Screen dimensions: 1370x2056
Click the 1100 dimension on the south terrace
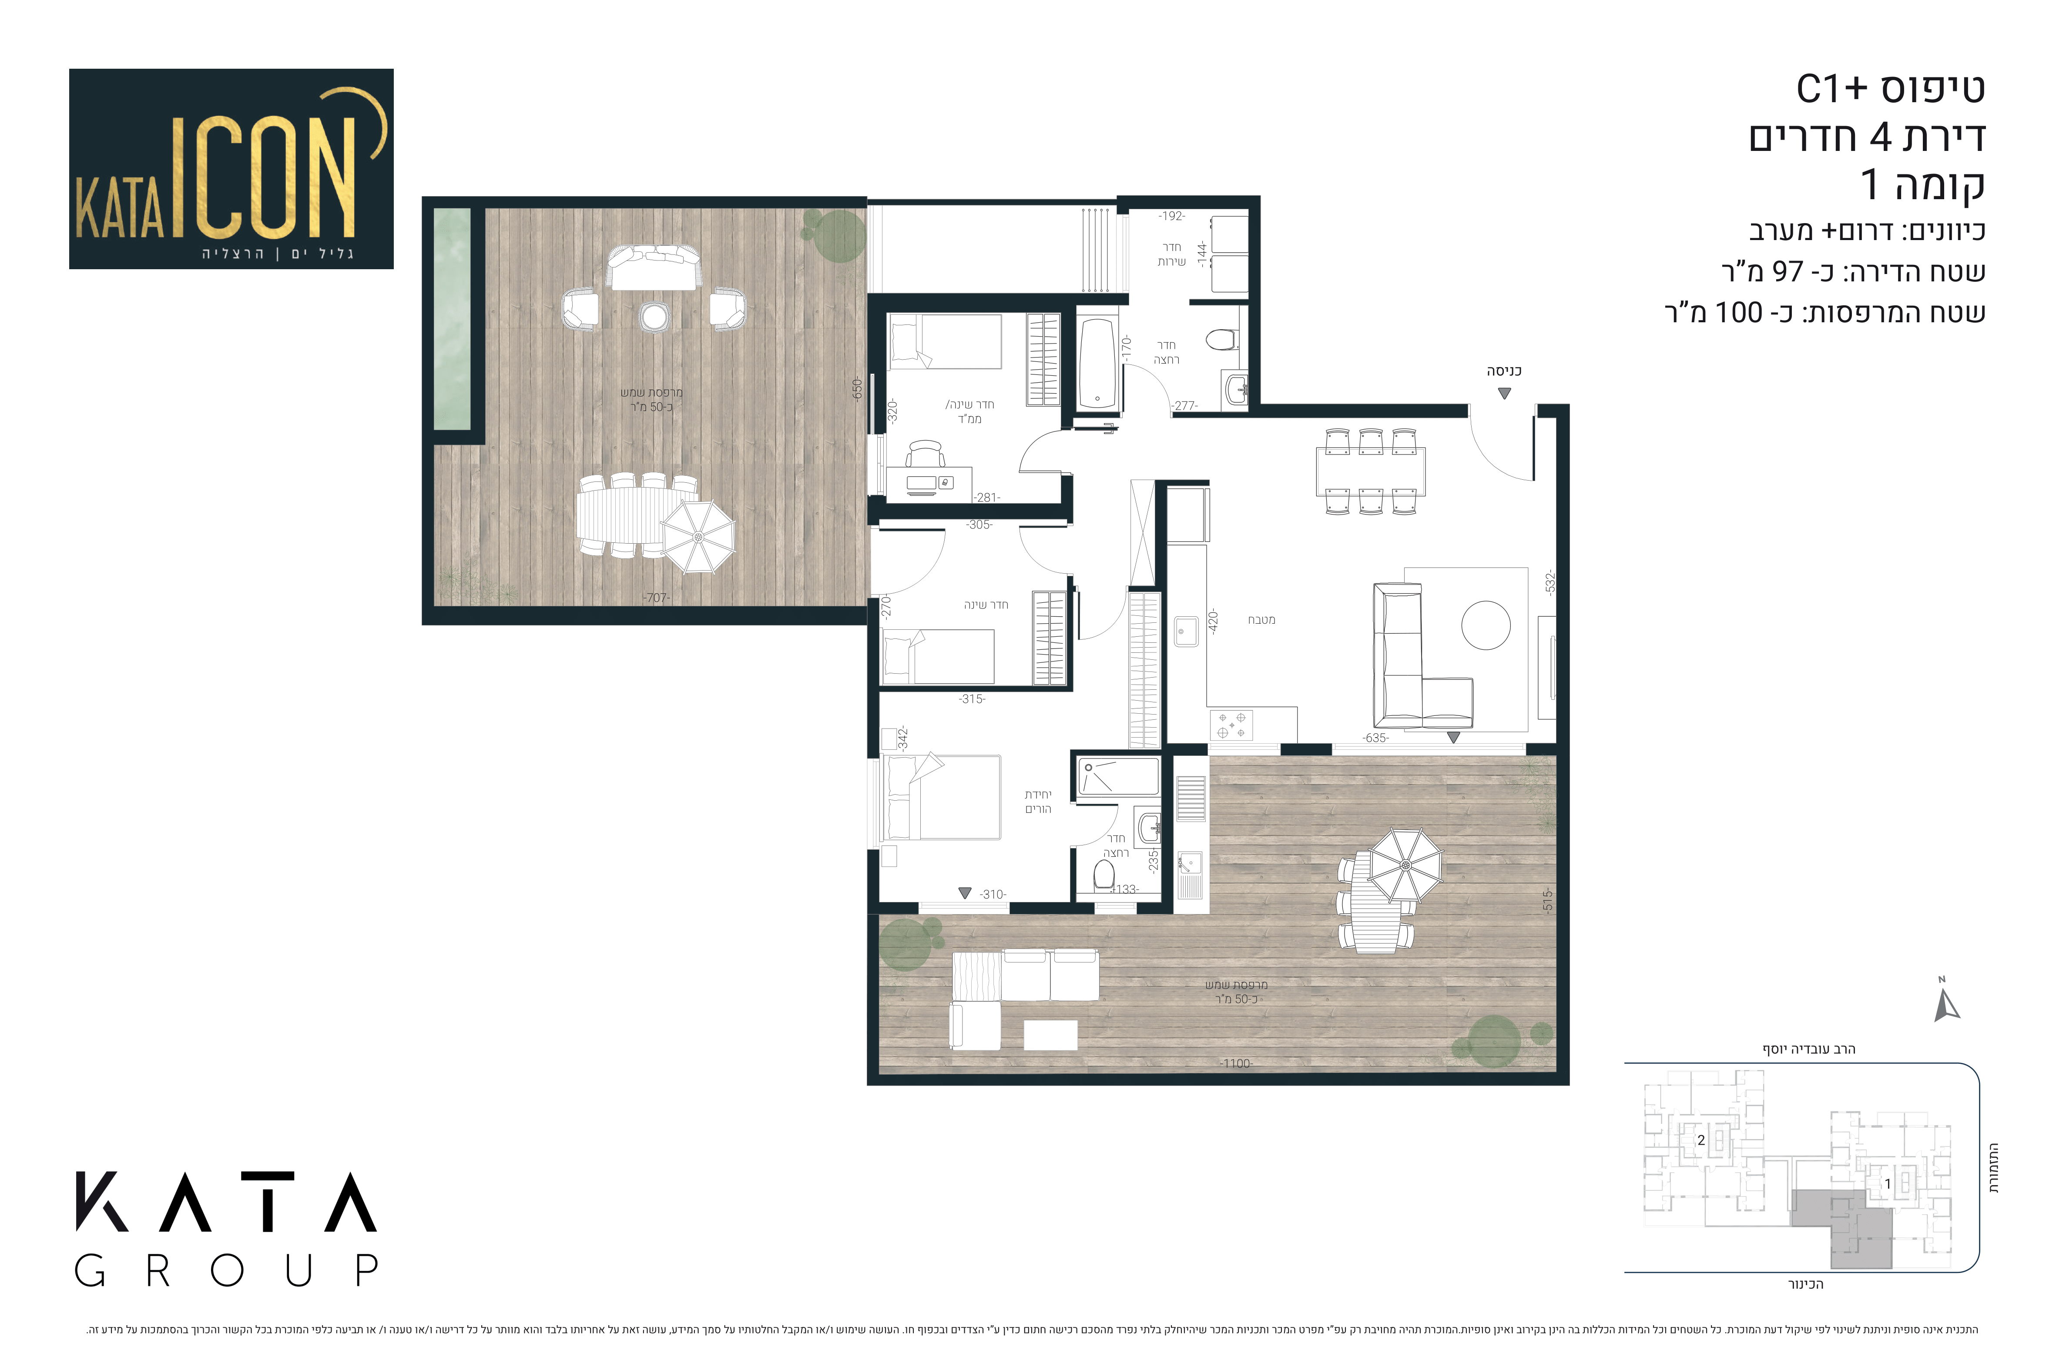(x=1236, y=1063)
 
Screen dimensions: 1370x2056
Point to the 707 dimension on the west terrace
(x=656, y=598)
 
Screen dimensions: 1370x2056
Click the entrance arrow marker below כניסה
(x=1503, y=393)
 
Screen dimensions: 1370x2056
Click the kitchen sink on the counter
(x=1186, y=631)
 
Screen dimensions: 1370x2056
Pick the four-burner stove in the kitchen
(x=1231, y=724)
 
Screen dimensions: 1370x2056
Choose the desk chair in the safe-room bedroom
(x=926, y=454)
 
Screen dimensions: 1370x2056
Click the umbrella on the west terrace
(x=698, y=536)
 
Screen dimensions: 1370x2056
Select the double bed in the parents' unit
(x=942, y=797)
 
